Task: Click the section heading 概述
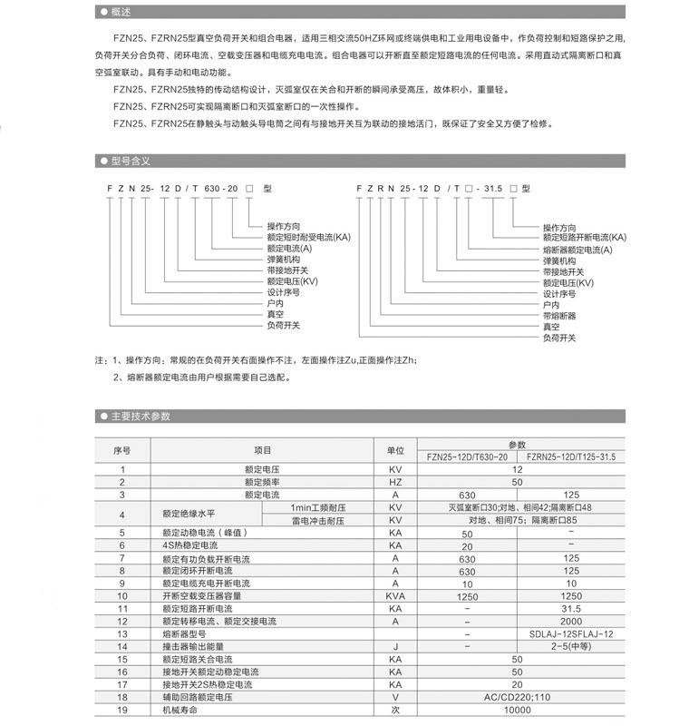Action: [120, 13]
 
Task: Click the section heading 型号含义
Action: [131, 160]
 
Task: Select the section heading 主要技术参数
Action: [140, 417]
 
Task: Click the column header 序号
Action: [122, 450]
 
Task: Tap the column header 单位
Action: [395, 450]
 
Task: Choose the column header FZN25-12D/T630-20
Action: [467, 457]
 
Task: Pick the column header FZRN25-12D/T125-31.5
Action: [570, 457]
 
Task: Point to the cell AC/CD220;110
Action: [517, 697]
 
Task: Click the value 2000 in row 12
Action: [570, 621]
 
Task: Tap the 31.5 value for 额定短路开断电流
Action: [570, 608]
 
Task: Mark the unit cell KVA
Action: [395, 595]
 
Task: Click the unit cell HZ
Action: [395, 482]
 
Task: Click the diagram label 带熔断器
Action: [559, 316]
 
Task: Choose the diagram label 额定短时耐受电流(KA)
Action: [308, 237]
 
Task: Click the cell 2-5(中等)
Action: [570, 646]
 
